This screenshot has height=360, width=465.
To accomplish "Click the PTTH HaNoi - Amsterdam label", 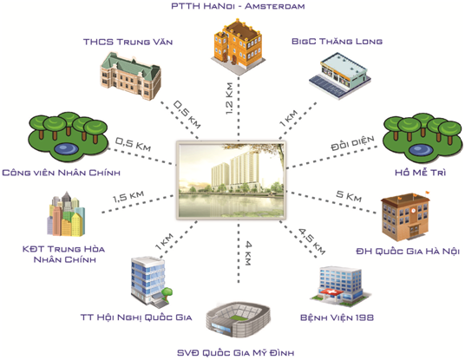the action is click(x=238, y=6).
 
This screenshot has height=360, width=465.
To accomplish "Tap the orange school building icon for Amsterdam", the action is click(x=237, y=44).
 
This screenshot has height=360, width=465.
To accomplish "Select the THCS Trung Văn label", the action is click(x=128, y=42).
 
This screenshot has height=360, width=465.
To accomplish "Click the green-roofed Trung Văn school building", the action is click(x=131, y=76).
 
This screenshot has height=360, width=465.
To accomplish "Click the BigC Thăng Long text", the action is click(x=337, y=42).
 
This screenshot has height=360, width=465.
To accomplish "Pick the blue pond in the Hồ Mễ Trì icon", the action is click(x=421, y=149).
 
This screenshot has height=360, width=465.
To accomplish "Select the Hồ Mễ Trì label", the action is click(x=420, y=172).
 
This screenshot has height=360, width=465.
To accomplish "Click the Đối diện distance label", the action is click(x=352, y=143).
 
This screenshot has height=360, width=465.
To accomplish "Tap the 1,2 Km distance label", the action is click(x=229, y=98).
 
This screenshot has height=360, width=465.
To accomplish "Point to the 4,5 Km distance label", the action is click(x=311, y=241).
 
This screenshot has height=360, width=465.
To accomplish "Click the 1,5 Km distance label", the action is click(x=128, y=196).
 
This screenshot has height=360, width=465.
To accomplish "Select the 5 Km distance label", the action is click(x=349, y=196).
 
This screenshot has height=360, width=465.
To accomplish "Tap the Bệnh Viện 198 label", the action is click(x=337, y=317).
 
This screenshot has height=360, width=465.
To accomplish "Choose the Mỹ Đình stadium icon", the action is click(x=238, y=320).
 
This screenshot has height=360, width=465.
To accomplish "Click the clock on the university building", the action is click(x=414, y=211).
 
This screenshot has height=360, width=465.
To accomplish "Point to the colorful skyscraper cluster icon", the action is click(x=66, y=214).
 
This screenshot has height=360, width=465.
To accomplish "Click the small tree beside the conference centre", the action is click(x=167, y=293).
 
